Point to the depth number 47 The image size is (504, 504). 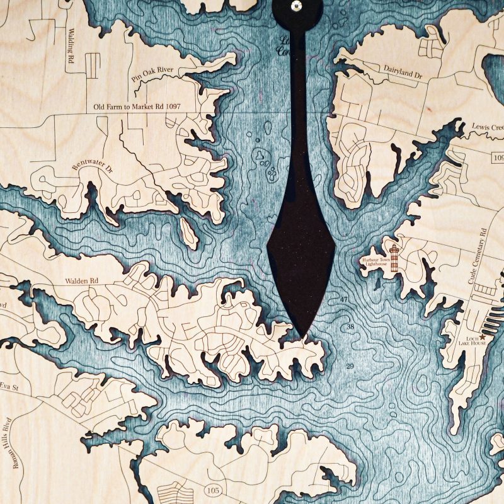(x=343, y=298)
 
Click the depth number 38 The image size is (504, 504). (x=351, y=327)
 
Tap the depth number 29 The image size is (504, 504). (x=350, y=366)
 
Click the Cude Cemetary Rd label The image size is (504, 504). (x=478, y=255)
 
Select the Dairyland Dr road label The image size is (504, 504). (x=403, y=74)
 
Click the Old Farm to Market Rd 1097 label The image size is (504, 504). (x=136, y=107)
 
